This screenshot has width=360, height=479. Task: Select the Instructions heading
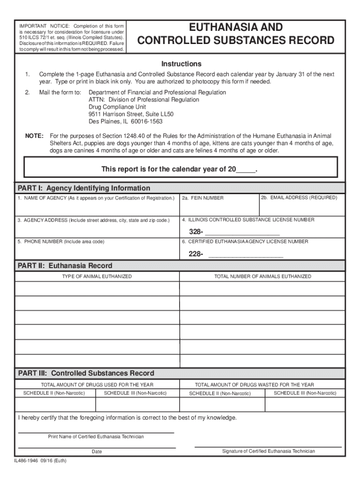181,64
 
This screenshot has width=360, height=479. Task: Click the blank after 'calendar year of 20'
246,169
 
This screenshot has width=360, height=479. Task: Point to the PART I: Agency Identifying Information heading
84,188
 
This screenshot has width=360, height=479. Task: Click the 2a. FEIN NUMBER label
203,198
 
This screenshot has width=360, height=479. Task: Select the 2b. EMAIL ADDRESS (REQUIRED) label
299,198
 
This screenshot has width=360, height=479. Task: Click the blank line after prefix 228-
245,254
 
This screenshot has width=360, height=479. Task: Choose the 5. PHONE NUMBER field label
61,242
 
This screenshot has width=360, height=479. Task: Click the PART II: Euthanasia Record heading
65,266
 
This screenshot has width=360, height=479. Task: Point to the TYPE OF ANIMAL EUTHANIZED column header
97,276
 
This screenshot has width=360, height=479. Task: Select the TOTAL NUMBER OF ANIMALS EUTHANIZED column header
262,276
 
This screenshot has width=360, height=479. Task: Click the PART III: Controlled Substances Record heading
86,373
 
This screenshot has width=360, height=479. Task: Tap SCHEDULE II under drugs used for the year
54,393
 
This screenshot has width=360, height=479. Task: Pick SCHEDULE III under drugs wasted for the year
305,393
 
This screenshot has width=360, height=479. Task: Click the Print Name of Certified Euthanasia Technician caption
96,436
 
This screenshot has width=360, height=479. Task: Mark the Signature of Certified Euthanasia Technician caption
268,451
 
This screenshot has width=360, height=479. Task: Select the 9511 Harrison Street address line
131,114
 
